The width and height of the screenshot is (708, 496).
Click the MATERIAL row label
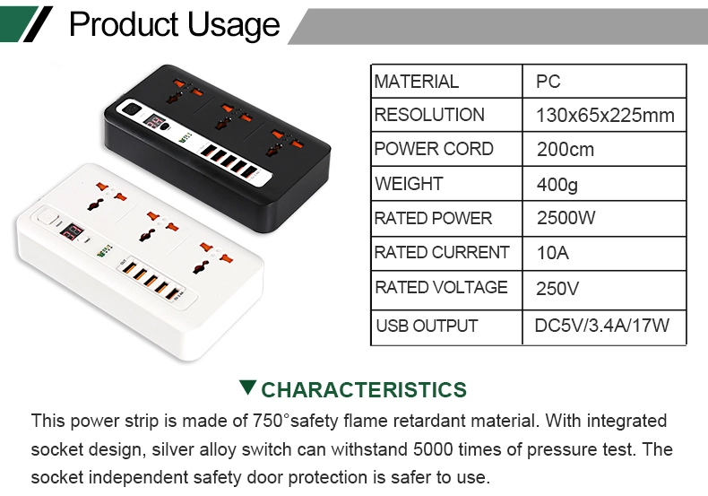click(417, 82)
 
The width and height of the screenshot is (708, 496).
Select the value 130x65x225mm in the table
click(605, 115)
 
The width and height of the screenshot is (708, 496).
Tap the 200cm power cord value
click(566, 150)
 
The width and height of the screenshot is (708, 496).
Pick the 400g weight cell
click(557, 184)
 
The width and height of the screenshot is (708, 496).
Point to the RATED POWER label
click(433, 218)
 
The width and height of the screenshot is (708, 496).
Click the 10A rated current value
click(553, 253)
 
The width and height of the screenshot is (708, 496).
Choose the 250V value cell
click(557, 288)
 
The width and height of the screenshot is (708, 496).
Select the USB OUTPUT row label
click(427, 326)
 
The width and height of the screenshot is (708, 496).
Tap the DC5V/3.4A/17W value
click(602, 326)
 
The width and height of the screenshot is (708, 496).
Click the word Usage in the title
click(233, 25)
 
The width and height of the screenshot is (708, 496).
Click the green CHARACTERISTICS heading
click(364, 390)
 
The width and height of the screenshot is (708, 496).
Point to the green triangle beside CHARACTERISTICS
click(248, 387)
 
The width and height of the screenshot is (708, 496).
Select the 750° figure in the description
click(271, 421)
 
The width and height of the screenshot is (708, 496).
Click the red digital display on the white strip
click(72, 231)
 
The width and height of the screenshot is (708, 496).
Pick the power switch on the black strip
click(132, 109)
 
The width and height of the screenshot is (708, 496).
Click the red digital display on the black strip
click(153, 121)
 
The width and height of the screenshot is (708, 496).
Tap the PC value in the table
click(548, 82)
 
